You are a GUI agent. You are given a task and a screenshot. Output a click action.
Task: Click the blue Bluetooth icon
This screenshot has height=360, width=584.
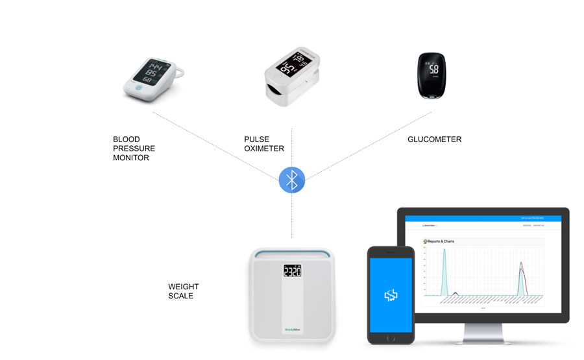291,180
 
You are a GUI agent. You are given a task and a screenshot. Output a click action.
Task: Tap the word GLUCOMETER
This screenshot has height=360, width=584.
434,139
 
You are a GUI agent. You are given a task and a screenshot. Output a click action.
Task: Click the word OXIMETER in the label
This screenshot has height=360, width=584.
263,149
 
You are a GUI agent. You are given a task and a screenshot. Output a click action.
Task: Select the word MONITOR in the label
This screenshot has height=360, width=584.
130,158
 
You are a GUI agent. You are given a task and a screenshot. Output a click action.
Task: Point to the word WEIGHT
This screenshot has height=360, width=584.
184,287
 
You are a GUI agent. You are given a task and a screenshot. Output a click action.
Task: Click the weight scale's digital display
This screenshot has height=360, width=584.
292,270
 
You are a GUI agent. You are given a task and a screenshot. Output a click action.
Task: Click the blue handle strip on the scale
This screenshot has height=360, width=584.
292,253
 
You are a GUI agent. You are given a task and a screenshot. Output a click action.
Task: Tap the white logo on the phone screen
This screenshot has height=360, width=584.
391,295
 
